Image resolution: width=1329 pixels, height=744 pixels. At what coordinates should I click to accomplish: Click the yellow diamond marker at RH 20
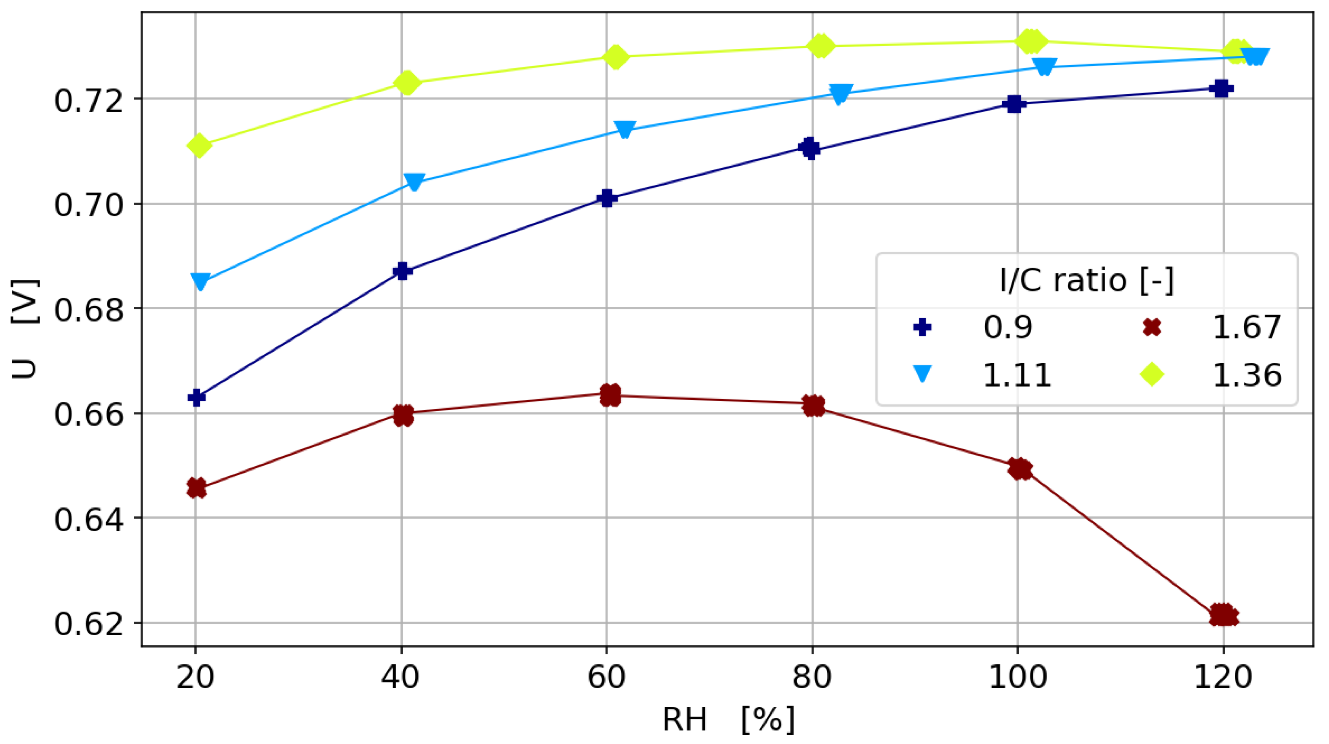click(200, 145)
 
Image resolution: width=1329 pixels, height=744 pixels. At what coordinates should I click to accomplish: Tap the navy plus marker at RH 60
click(607, 198)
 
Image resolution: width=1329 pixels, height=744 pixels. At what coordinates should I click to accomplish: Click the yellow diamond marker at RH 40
click(407, 82)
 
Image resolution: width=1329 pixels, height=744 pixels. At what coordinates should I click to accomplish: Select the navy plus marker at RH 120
click(1221, 89)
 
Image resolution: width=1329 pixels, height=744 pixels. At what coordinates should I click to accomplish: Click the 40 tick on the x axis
click(400, 677)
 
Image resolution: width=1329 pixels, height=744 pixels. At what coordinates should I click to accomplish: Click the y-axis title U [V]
click(24, 329)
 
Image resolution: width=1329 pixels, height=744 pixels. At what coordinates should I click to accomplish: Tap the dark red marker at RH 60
click(610, 395)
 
